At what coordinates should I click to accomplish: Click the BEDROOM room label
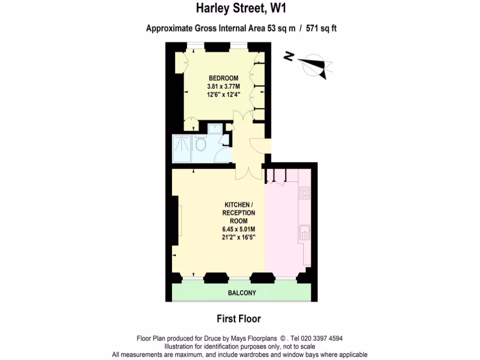[x=223, y=78]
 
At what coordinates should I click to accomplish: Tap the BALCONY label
[x=242, y=293]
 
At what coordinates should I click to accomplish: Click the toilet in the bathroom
[x=201, y=143]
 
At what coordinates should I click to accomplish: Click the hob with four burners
[x=305, y=193]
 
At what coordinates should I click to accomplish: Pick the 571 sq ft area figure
[x=322, y=28]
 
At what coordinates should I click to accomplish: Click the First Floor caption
[x=239, y=319]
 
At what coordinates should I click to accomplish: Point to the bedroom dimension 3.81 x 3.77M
[x=223, y=86]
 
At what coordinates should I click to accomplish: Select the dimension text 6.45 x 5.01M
[x=239, y=229]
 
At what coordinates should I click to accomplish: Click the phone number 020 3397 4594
[x=322, y=338]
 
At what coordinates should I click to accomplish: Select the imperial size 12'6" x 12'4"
[x=223, y=94]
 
